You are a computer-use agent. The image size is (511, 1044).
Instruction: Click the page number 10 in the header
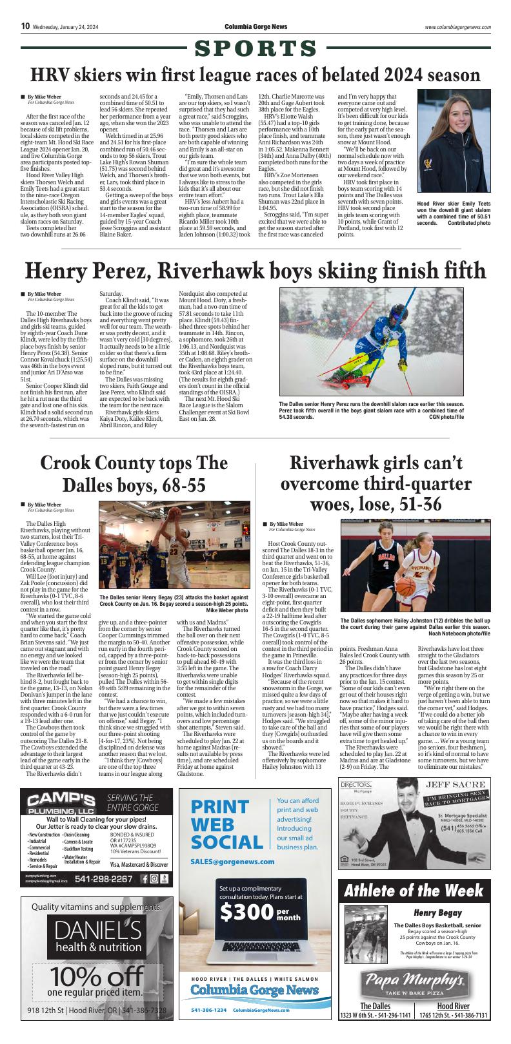(x=25, y=26)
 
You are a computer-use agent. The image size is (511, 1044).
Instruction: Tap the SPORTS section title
(x=255, y=48)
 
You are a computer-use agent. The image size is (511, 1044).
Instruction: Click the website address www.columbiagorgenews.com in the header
(x=458, y=27)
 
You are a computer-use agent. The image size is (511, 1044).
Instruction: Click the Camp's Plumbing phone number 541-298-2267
(x=104, y=879)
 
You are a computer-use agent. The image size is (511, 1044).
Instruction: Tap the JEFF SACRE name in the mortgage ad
(x=454, y=784)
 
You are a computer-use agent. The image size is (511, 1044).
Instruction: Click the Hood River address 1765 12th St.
(x=453, y=1016)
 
